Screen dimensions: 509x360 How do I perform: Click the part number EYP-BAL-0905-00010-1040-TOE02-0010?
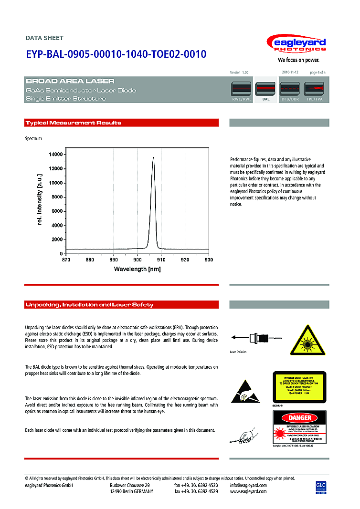tap(116, 54)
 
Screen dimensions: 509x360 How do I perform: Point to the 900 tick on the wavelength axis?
tap(137, 260)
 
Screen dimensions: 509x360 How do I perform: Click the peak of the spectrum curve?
tap(153, 157)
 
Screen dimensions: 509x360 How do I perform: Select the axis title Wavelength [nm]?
tap(137, 269)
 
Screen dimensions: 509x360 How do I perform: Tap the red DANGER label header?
tap(299, 418)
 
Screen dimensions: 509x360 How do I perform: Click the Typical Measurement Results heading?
tap(74, 123)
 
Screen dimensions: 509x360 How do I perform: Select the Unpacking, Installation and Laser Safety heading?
tap(89, 305)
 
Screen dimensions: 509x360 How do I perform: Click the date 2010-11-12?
tap(290, 72)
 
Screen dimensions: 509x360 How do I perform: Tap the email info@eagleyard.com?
tap(248, 485)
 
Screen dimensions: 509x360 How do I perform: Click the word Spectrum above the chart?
tap(33, 139)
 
